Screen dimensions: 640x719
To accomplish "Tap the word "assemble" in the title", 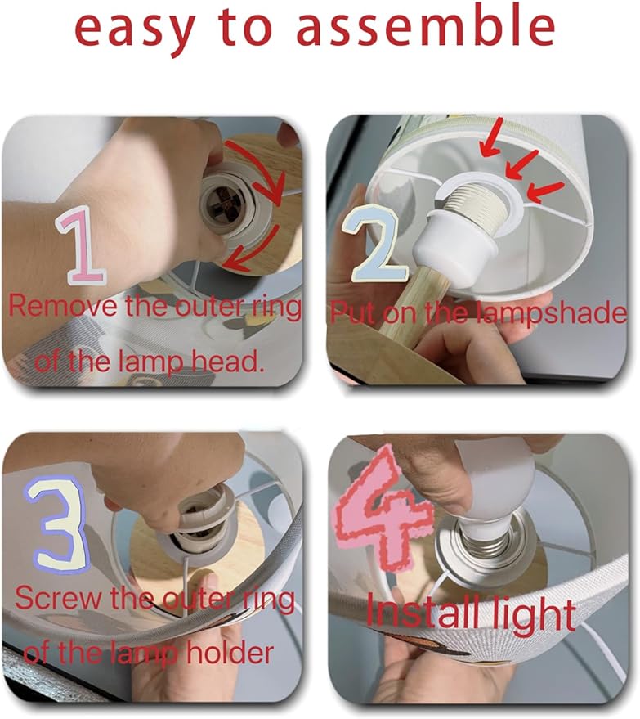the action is [425, 25].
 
